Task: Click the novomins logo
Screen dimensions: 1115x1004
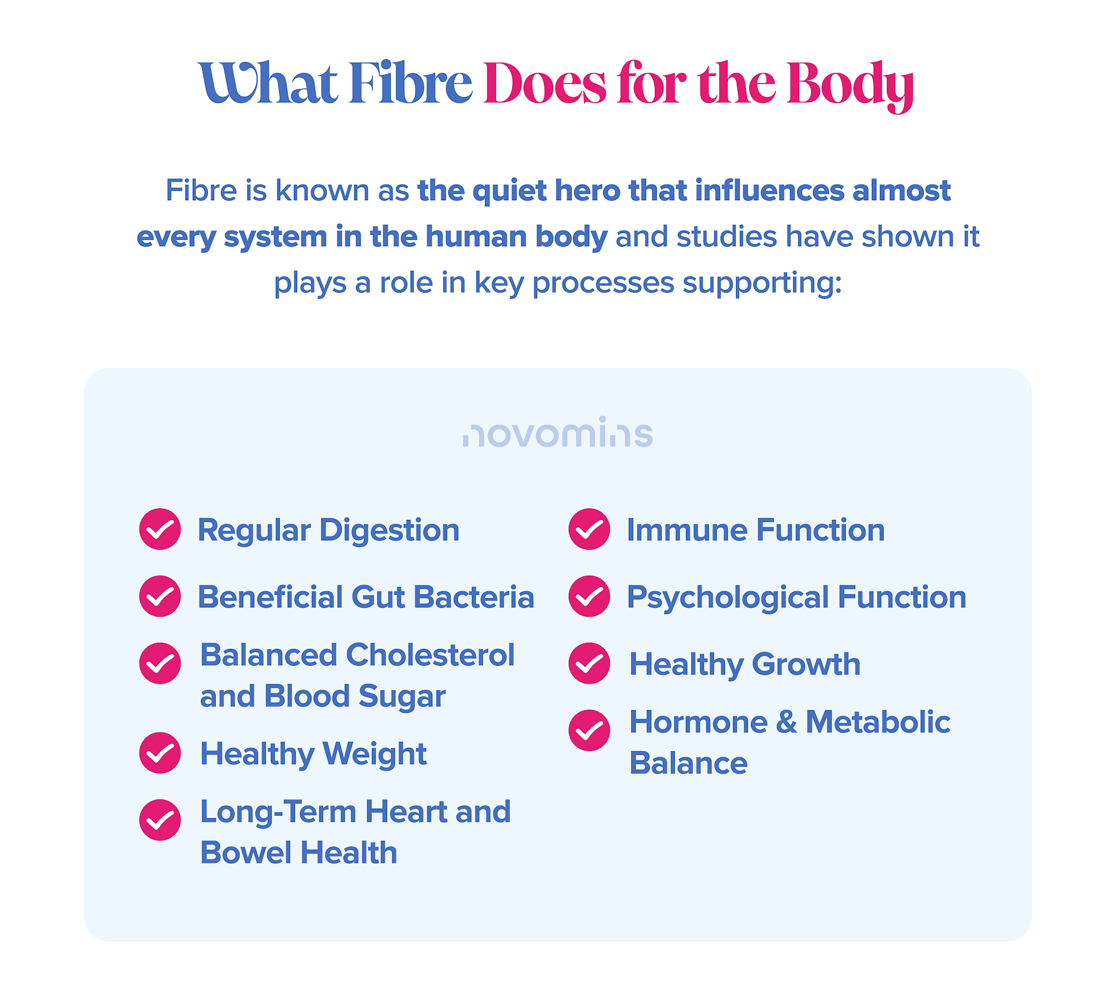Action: point(557,432)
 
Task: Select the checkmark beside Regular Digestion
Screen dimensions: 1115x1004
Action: point(160,529)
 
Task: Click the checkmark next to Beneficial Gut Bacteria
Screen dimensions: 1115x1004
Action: point(160,596)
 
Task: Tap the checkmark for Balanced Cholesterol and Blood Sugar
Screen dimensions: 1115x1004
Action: point(160,663)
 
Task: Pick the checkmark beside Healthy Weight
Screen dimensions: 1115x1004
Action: point(160,753)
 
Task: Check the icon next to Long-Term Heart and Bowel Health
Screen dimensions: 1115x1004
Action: point(160,820)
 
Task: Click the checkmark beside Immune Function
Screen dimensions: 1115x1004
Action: point(589,529)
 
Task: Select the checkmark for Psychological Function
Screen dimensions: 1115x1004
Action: point(589,596)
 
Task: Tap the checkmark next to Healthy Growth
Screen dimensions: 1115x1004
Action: point(589,663)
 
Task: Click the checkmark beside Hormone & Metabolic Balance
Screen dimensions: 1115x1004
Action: point(589,730)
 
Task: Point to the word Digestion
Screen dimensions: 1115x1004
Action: point(389,531)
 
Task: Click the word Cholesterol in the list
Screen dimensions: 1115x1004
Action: point(430,655)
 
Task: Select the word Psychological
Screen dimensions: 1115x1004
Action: point(728,599)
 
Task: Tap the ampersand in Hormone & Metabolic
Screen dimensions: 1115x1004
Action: point(786,723)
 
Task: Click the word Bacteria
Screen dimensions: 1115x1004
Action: point(474,597)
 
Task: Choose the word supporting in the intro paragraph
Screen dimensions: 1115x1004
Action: point(762,284)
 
